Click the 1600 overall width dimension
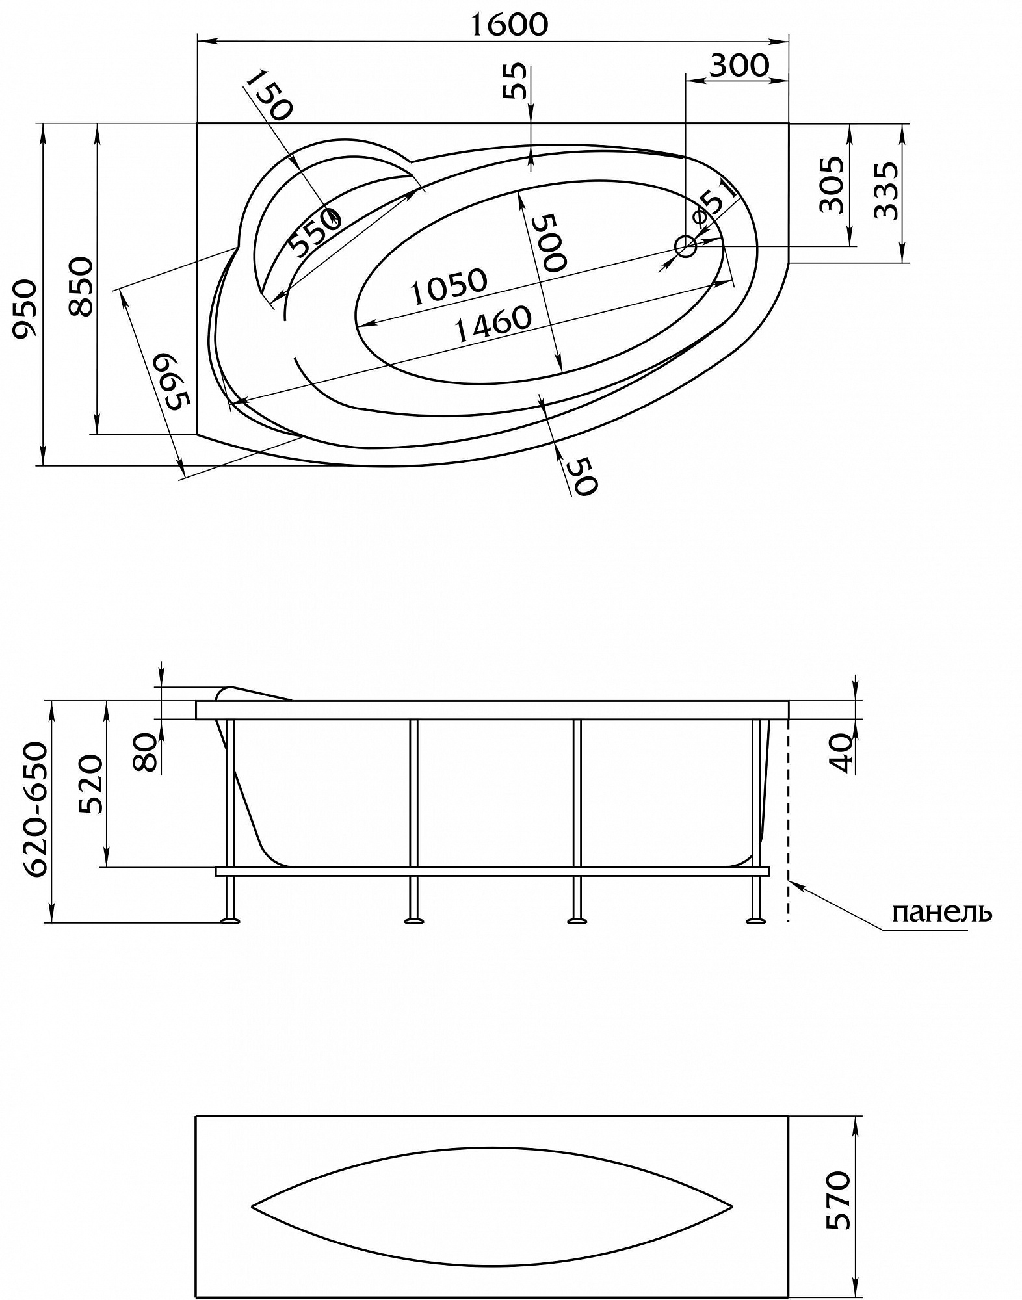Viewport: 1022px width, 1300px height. pyautogui.click(x=508, y=24)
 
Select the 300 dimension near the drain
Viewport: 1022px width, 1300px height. pyautogui.click(x=739, y=65)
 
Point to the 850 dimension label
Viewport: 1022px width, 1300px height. pyautogui.click(x=82, y=287)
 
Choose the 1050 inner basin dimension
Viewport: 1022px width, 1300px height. pyautogui.click(x=449, y=286)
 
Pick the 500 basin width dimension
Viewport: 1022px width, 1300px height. pyautogui.click(x=549, y=242)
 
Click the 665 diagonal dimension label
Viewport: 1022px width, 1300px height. pyautogui.click(x=172, y=382)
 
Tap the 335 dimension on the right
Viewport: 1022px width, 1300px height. pyautogui.click(x=886, y=190)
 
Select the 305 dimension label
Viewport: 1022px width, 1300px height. pyautogui.click(x=832, y=185)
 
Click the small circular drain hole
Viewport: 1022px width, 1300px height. pyautogui.click(x=686, y=246)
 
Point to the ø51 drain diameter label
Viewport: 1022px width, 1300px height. pyautogui.click(x=715, y=203)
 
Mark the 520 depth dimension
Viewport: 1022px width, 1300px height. pyautogui.click(x=91, y=784)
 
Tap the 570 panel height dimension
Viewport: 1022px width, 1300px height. pyautogui.click(x=838, y=1200)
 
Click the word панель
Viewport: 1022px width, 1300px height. pyautogui.click(x=941, y=913)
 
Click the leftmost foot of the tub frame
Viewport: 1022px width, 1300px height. pyautogui.click(x=230, y=920)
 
